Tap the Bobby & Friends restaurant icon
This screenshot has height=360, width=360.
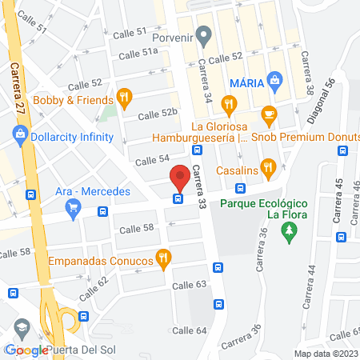point(124,100)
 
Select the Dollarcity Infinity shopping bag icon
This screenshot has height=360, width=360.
point(21,136)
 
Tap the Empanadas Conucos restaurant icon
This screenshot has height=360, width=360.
point(163,257)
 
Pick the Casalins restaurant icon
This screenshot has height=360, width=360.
point(269,167)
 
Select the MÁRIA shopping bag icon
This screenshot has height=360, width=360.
point(276,81)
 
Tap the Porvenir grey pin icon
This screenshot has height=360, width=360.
point(204,34)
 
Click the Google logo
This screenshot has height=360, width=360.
point(26,350)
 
